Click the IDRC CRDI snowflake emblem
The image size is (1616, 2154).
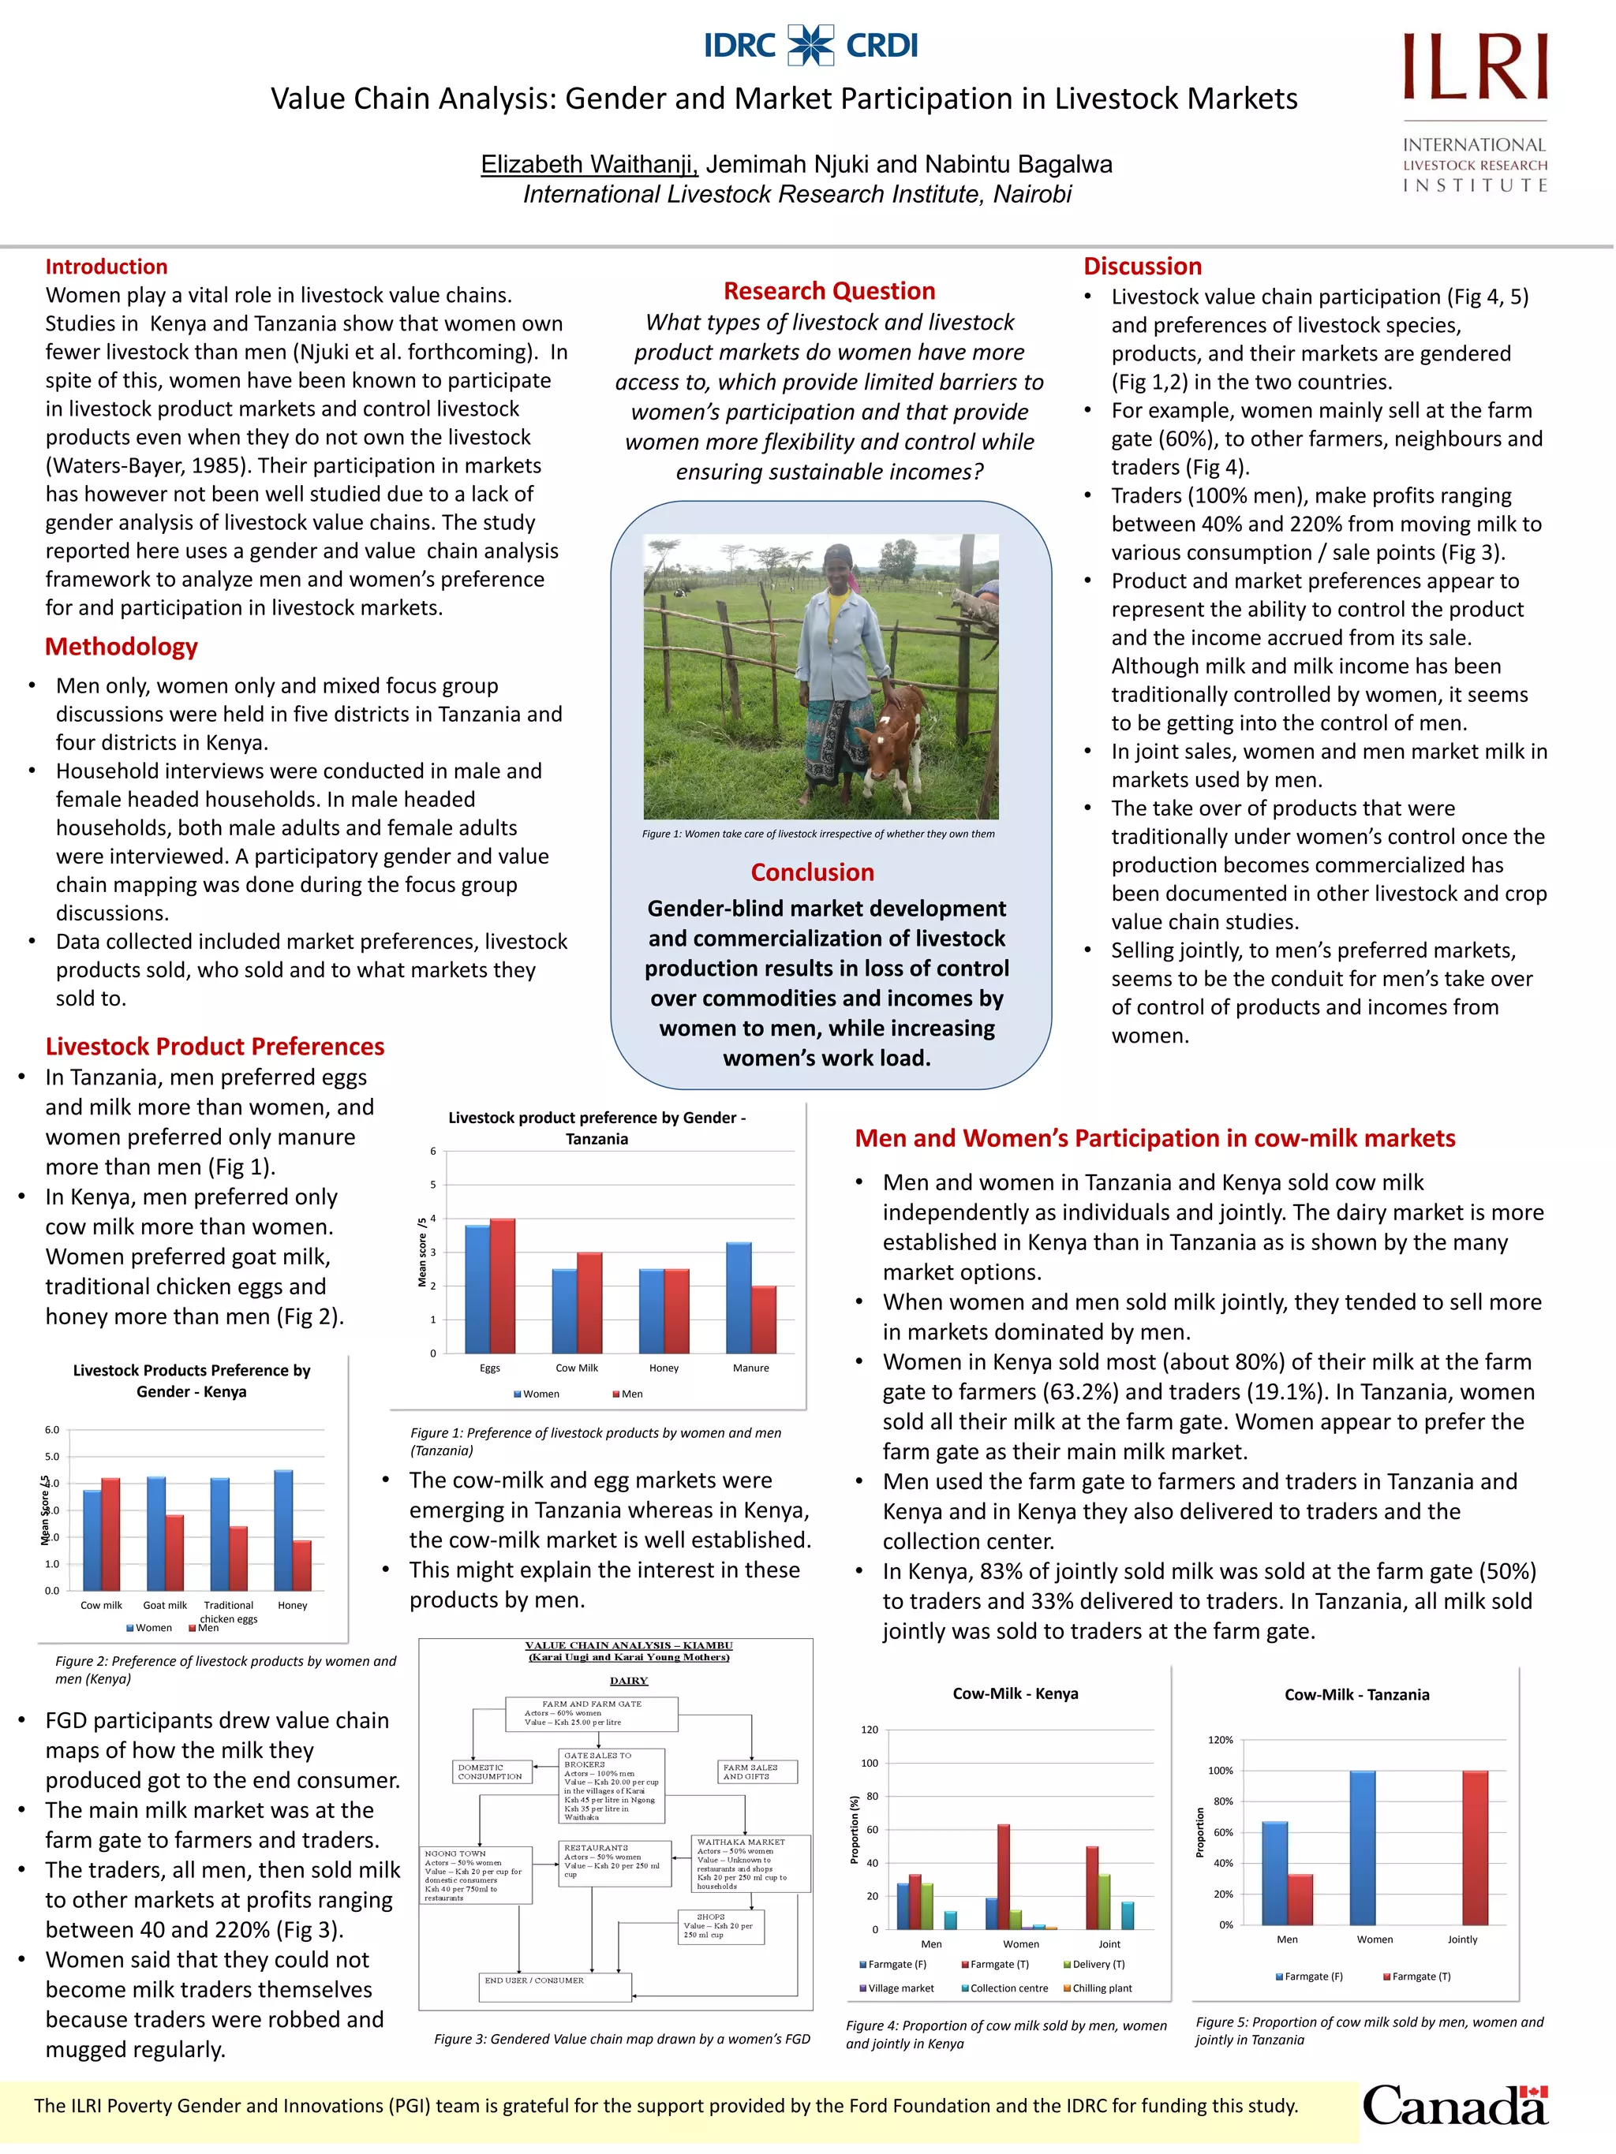810,45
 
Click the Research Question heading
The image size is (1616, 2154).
829,290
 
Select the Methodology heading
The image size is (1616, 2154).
121,647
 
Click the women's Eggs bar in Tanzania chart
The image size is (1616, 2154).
477,1288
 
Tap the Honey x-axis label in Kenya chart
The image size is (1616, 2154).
292,1605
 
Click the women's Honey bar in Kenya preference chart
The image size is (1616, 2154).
283,1530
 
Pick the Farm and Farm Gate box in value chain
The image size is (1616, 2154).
591,1714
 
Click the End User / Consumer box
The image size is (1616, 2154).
555,1987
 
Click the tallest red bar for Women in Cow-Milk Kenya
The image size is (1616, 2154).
1004,1876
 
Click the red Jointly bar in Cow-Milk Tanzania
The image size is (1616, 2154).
1475,1847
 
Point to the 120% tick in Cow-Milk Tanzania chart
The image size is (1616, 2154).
1220,1740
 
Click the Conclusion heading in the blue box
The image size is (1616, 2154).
813,872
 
